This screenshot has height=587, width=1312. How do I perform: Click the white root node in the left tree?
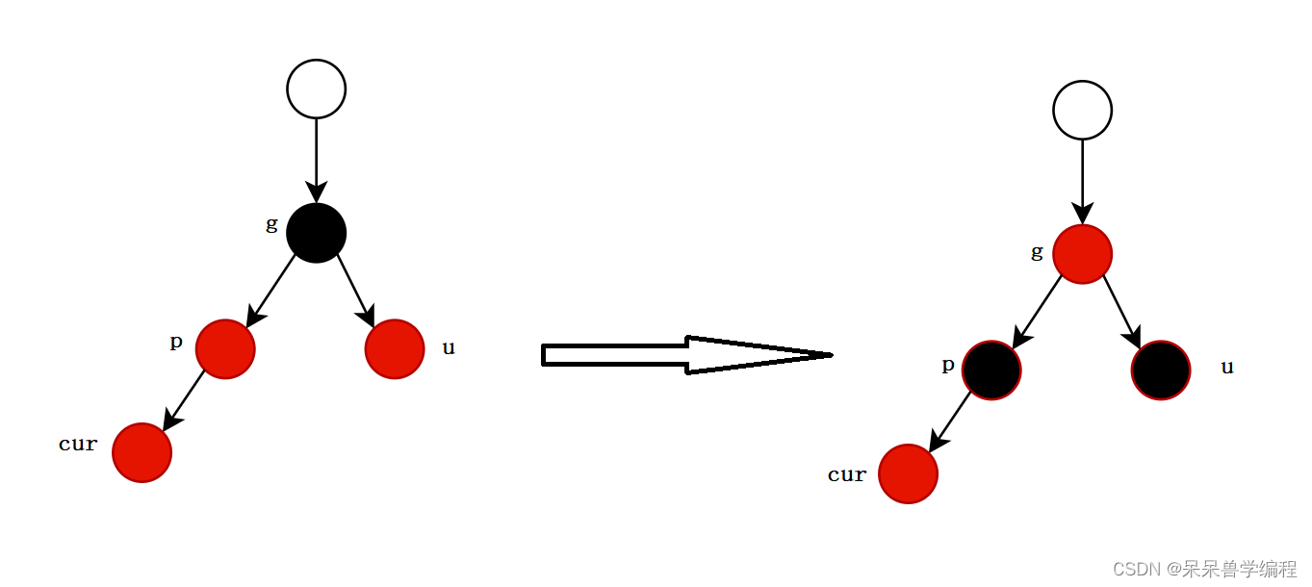point(316,89)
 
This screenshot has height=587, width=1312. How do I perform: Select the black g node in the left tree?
point(316,232)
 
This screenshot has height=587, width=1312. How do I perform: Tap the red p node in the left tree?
point(225,348)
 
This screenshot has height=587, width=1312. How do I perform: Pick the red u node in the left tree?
point(395,348)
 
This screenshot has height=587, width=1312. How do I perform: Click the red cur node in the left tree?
point(141,452)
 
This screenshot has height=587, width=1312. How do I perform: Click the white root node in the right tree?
point(1082,110)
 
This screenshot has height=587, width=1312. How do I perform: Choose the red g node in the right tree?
point(1082,254)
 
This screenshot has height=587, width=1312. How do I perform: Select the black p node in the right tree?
point(991,370)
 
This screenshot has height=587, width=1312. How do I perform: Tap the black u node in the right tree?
point(1161,370)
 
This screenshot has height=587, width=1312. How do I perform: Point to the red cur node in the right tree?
point(908,473)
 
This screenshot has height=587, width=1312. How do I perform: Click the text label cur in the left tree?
point(78,444)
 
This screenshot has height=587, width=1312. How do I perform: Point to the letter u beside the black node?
point(1227,368)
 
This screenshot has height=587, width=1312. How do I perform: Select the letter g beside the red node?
point(1037,252)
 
